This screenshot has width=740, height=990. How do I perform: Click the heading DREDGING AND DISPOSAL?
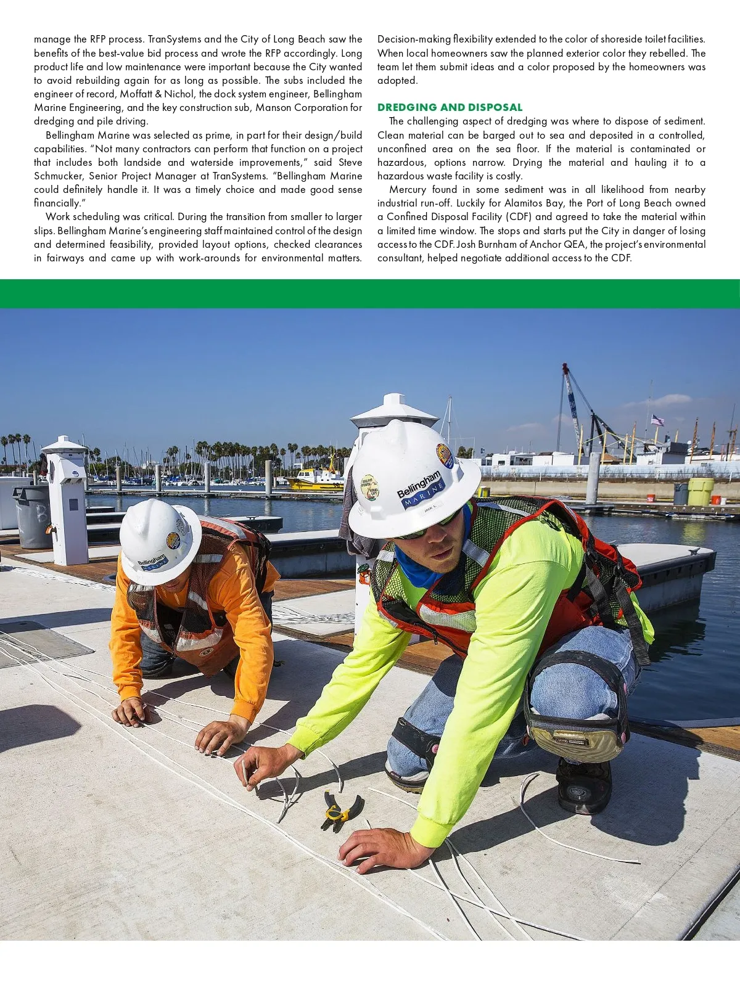point(450,107)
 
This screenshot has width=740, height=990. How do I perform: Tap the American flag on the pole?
point(657,420)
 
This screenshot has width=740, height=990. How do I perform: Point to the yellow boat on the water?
point(314,479)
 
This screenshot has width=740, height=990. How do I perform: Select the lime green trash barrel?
point(700,491)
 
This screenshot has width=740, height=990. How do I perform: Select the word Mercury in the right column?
point(408,190)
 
